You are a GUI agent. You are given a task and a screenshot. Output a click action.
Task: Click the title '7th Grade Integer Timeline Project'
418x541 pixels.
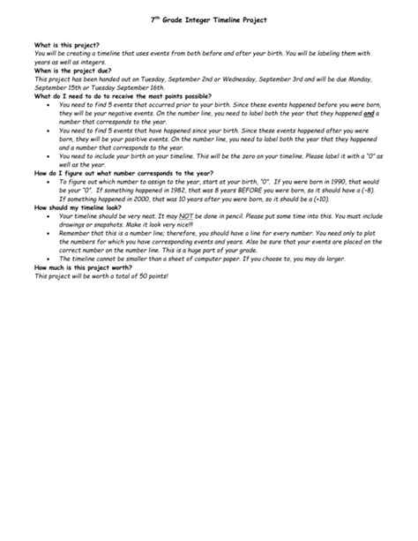208,18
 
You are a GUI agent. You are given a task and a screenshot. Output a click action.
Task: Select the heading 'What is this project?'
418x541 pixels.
67,43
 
